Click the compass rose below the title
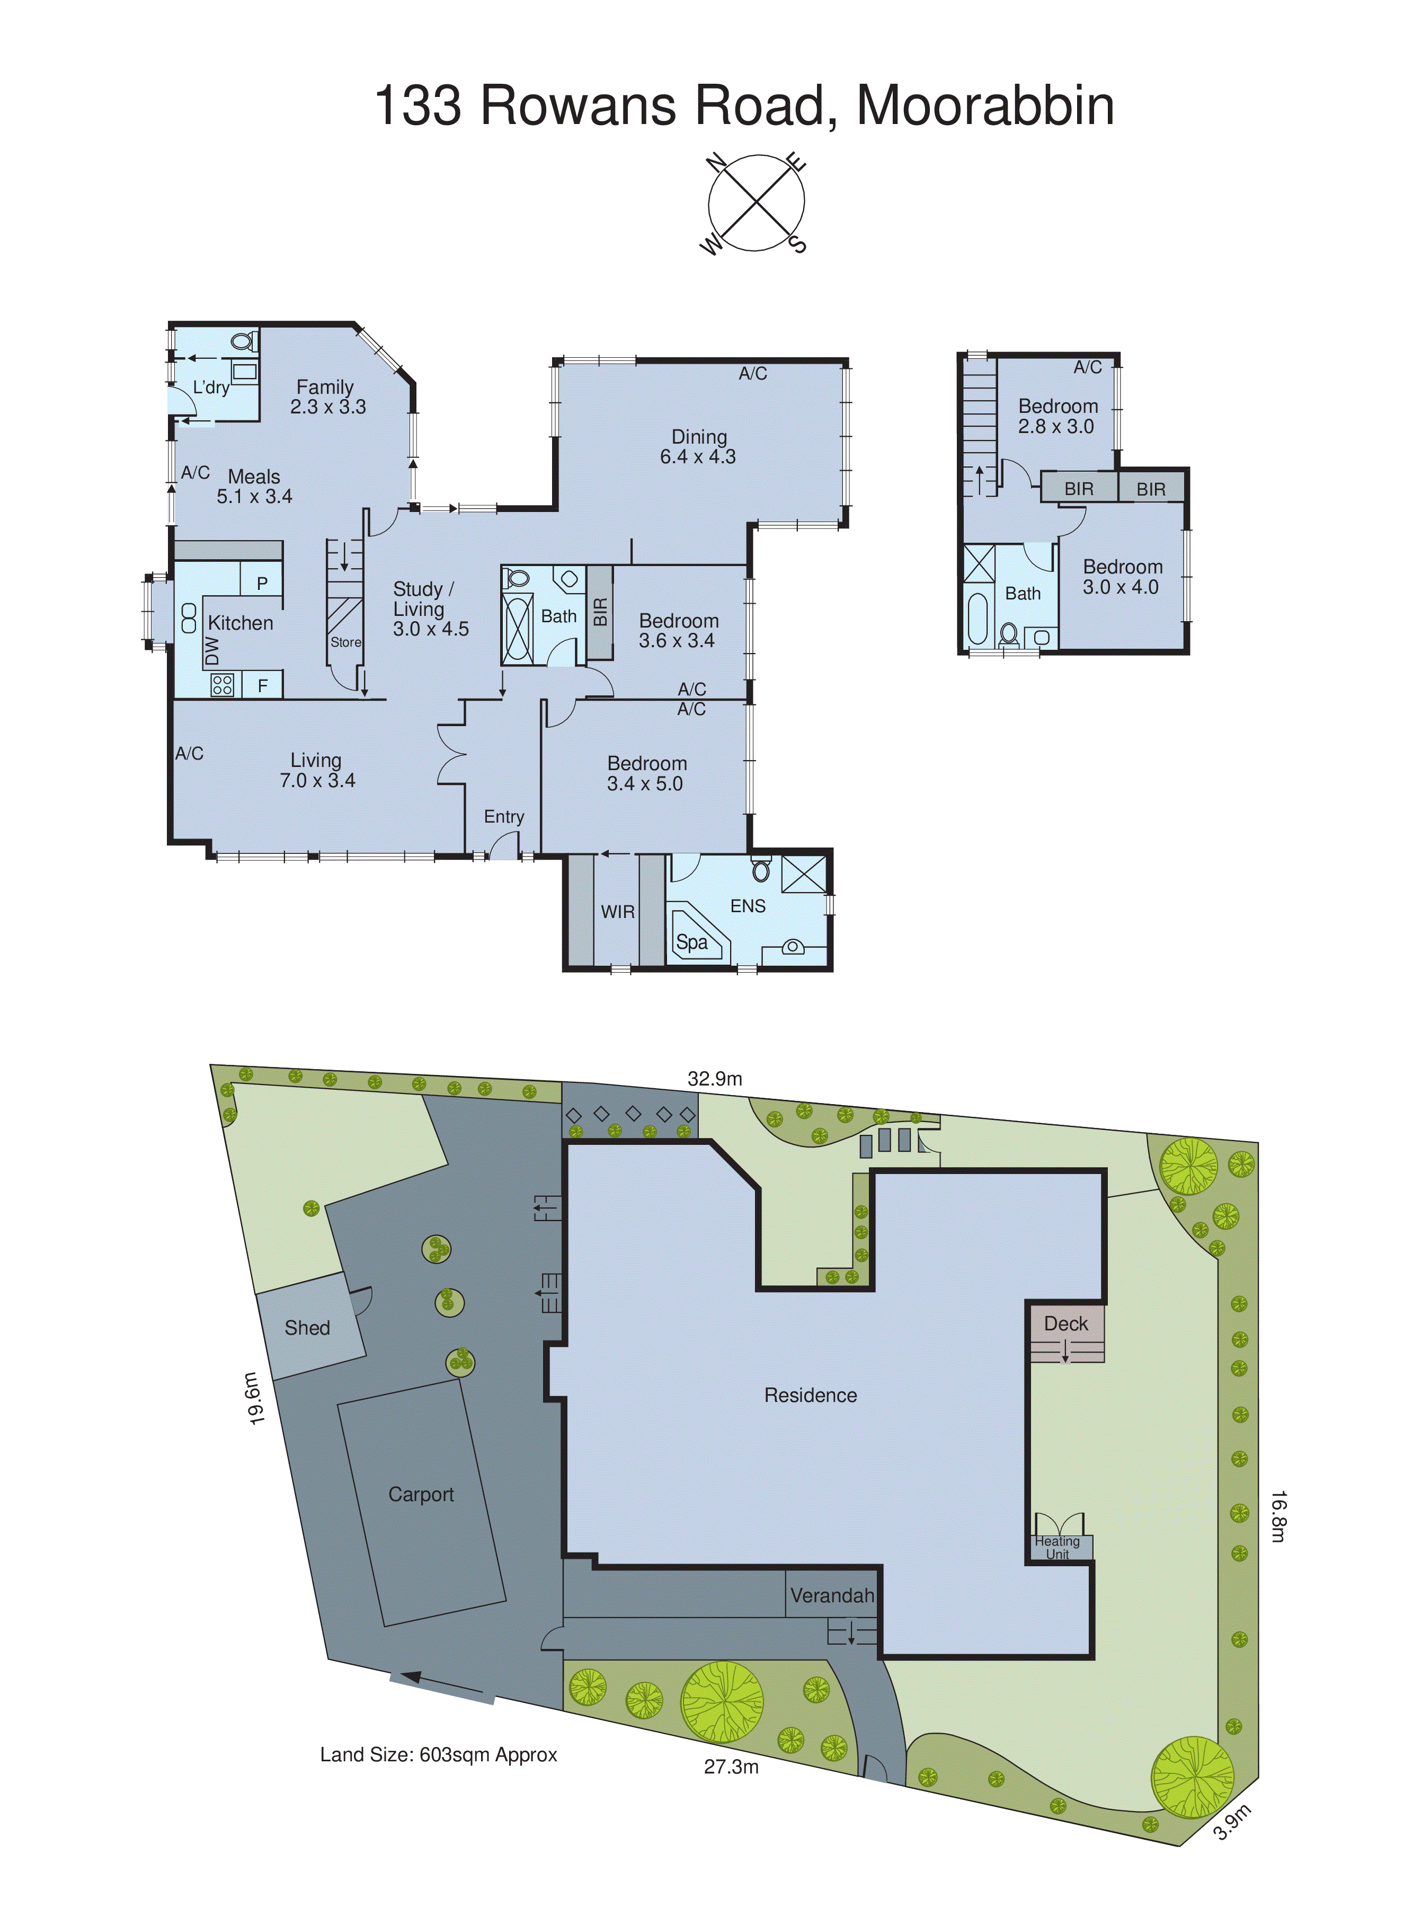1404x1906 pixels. coord(756,203)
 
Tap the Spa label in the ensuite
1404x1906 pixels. coord(692,942)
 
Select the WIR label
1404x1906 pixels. coord(617,911)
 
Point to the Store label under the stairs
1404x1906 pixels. coord(346,642)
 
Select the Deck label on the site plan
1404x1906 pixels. coord(1066,1323)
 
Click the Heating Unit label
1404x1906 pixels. coord(1058,1547)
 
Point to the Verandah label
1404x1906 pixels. coord(831,1596)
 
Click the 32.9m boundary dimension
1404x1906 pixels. coord(715,1079)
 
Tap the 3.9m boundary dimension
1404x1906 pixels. coord(1231,1822)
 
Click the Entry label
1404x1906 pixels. coord(504,816)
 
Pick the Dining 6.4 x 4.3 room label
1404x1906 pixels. coord(699,446)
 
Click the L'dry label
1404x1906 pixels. coord(211,387)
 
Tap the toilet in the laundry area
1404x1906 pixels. coord(242,342)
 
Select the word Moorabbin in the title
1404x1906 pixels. coord(984,105)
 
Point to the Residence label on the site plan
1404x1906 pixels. coord(810,1395)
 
